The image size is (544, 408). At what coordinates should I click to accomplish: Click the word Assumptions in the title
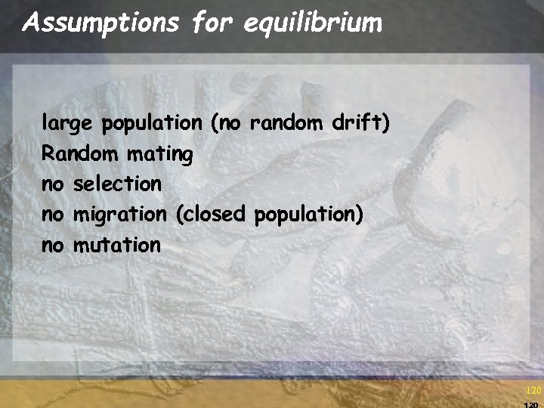[101, 24]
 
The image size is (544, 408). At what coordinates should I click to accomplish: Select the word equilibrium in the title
[312, 24]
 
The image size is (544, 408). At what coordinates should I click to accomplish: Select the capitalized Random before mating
[79, 154]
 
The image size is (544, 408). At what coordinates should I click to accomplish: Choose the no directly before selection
[53, 184]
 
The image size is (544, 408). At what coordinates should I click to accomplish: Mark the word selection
[117, 184]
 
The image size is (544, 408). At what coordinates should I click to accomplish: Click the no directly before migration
[53, 215]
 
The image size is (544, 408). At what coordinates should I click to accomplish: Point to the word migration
[119, 215]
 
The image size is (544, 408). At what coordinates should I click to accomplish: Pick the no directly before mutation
[53, 245]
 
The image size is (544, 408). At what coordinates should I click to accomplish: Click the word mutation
[117, 245]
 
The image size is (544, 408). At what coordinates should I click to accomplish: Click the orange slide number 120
[533, 391]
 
